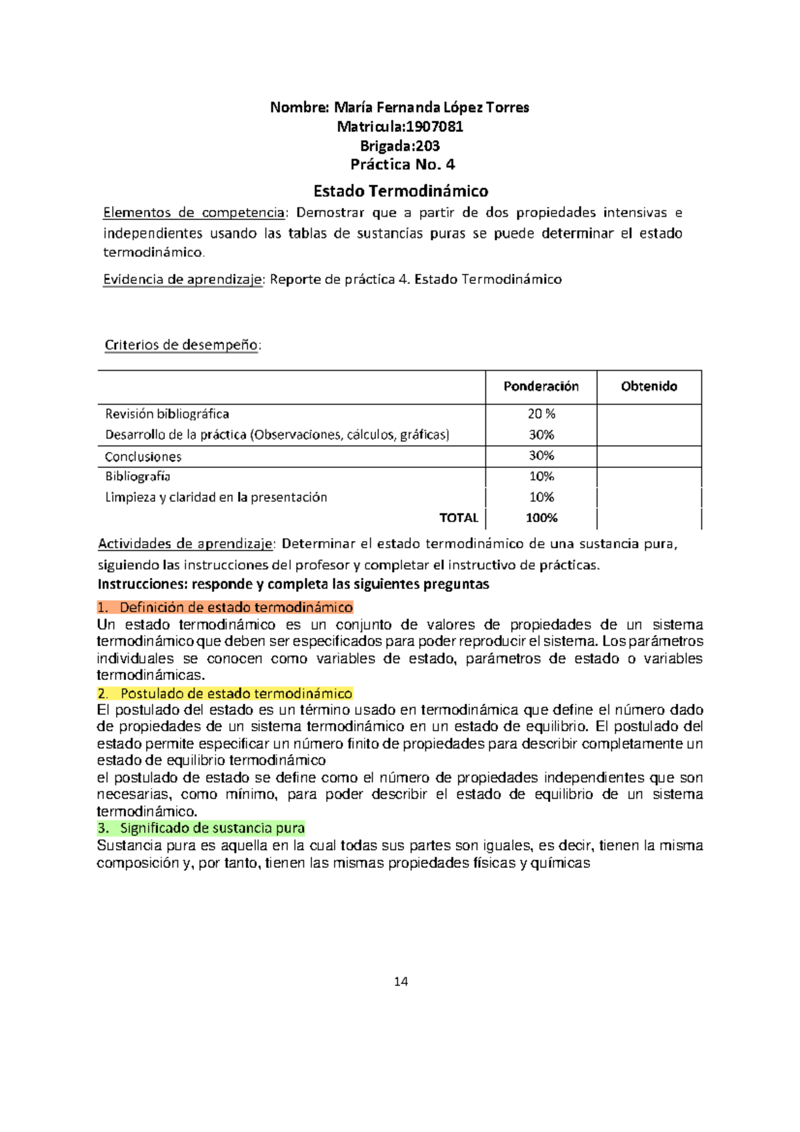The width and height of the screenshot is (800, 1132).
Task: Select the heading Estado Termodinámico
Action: [x=401, y=191]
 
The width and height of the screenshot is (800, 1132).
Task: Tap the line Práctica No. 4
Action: [x=403, y=165]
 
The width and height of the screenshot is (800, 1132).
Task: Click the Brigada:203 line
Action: [x=400, y=146]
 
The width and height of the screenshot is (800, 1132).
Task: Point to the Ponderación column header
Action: [x=541, y=387]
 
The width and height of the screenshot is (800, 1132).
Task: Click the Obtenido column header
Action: [x=649, y=387]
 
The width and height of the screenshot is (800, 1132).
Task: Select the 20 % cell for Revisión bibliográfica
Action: [x=541, y=414]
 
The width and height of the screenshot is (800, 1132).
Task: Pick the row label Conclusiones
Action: [x=143, y=457]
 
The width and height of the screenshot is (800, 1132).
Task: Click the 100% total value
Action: [x=541, y=518]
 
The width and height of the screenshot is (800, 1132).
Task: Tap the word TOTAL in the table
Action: [x=459, y=518]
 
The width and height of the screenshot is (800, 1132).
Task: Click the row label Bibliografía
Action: [x=138, y=477]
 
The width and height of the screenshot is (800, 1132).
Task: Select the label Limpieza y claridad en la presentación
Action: [x=216, y=497]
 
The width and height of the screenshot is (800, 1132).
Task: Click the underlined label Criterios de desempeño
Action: [x=182, y=345]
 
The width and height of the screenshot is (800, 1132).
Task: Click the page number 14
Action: [x=401, y=981]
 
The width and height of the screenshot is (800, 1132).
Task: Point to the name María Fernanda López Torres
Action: [x=431, y=107]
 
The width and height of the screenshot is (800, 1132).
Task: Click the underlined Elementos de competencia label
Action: [x=194, y=213]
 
